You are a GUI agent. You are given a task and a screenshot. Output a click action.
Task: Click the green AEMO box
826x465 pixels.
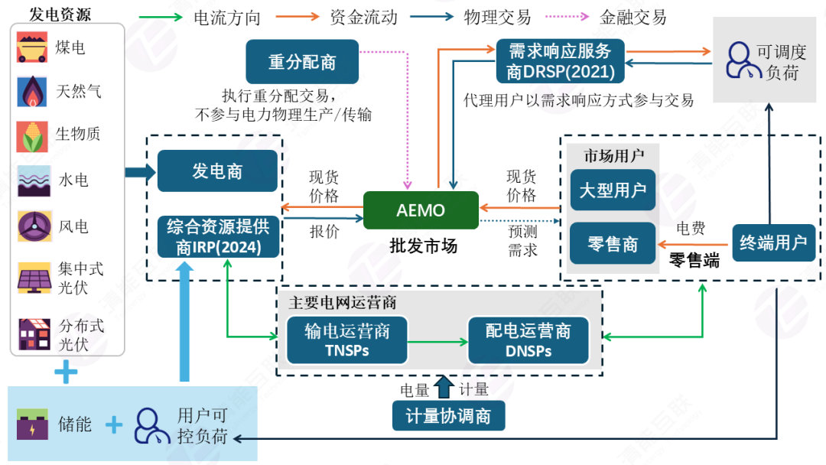[421, 210]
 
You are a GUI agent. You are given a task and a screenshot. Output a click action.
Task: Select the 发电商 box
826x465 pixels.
[217, 171]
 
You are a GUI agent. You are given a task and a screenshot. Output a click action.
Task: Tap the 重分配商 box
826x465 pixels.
[302, 62]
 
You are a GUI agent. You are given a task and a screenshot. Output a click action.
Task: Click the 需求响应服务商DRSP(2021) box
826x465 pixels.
[561, 62]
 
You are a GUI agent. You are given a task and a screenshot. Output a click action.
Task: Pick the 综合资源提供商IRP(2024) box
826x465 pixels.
[217, 237]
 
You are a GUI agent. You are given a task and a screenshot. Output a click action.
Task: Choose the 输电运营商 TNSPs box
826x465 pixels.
[347, 340]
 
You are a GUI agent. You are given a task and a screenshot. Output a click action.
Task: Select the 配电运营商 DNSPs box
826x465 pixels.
[528, 340]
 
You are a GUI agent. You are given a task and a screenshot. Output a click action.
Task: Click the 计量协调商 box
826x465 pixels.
[448, 416]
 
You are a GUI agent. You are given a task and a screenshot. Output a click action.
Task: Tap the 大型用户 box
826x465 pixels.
[613, 190]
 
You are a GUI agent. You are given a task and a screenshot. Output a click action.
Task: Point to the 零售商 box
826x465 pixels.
[613, 244]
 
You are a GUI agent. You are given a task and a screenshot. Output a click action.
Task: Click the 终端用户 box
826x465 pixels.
[772, 243]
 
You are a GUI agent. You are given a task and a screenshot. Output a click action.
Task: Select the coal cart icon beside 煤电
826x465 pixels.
[33, 47]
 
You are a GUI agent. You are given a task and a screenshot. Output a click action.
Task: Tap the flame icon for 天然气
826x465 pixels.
[33, 92]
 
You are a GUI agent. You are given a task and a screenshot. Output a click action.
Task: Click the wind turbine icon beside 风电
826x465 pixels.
[33, 226]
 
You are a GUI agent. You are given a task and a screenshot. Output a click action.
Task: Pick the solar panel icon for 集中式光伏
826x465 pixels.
[34, 278]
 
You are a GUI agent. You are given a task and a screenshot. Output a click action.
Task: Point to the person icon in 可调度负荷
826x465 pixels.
[737, 61]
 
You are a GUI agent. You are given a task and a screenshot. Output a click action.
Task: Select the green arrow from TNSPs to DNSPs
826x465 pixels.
[438, 341]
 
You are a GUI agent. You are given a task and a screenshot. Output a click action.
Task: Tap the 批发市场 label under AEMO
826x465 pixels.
[423, 246]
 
